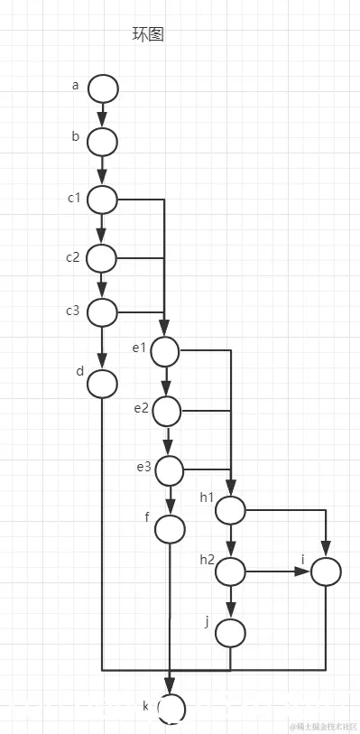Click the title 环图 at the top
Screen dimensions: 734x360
(148, 35)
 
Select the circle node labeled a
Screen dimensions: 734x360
(103, 88)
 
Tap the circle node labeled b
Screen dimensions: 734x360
(103, 142)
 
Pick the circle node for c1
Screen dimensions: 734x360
(103, 200)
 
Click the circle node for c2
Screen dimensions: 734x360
(103, 259)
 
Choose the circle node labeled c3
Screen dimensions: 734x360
(103, 312)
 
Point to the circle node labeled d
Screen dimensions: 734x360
(103, 384)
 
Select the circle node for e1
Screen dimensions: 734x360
(166, 351)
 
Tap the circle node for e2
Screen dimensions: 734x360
(167, 412)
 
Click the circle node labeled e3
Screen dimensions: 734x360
(169, 469)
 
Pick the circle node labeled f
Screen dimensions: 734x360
(170, 529)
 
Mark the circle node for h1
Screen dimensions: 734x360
(230, 510)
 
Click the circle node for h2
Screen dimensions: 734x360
(230, 571)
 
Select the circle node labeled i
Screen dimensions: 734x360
(325, 571)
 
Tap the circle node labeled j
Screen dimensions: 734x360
(230, 633)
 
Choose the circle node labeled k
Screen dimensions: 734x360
(171, 708)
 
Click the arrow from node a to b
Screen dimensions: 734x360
(103, 116)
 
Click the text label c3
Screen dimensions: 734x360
(73, 311)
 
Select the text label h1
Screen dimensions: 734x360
(207, 497)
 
